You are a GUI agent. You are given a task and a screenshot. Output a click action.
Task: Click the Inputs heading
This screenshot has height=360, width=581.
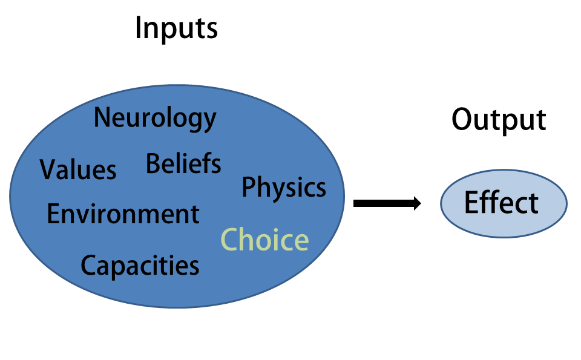pyautogui.click(x=176, y=29)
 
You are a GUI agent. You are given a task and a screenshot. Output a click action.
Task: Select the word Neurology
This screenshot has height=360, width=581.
pyautogui.click(x=156, y=119)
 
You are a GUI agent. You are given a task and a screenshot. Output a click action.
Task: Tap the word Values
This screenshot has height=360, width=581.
pyautogui.click(x=78, y=169)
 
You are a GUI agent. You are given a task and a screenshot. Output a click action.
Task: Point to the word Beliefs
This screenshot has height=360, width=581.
pyautogui.click(x=183, y=163)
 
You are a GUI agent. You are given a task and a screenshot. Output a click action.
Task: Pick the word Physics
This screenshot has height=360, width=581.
pyautogui.click(x=284, y=188)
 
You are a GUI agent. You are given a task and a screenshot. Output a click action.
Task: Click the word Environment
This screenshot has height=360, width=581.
pyautogui.click(x=123, y=214)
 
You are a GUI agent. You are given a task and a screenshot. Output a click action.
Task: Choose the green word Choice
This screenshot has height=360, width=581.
pyautogui.click(x=264, y=240)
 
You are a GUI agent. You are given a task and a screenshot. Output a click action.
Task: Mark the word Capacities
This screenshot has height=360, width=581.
pyautogui.click(x=140, y=266)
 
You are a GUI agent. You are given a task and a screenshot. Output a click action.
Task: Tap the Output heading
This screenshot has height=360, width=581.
pyautogui.click(x=499, y=120)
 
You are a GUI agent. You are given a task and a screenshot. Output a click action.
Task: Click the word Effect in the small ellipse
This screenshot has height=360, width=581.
pyautogui.click(x=501, y=203)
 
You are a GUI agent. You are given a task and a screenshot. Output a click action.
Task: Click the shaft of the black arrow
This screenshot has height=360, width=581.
pyautogui.click(x=384, y=203)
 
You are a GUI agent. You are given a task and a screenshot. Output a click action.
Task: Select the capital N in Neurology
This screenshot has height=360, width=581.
pyautogui.click(x=103, y=117)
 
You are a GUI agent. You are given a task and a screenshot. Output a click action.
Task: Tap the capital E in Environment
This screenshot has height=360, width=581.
pyautogui.click(x=54, y=214)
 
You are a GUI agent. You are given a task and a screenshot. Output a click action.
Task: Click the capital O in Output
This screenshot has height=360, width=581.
pyautogui.click(x=463, y=120)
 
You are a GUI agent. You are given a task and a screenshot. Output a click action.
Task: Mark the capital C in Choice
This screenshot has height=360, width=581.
pyautogui.click(x=230, y=240)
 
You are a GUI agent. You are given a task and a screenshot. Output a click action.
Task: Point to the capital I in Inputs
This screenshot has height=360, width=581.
pyautogui.click(x=138, y=28)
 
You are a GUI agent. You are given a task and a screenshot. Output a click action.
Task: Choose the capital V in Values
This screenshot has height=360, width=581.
pyautogui.click(x=50, y=169)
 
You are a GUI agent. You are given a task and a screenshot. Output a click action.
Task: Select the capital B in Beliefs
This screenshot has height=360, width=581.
pyautogui.click(x=153, y=163)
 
